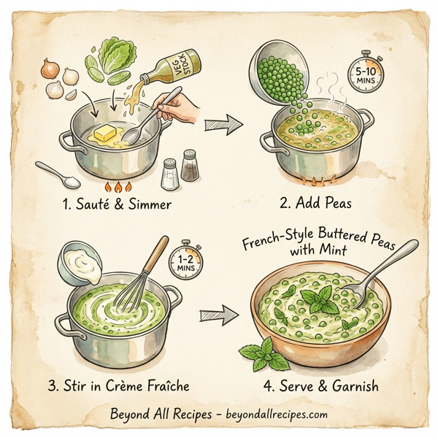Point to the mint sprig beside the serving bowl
click(262, 355)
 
